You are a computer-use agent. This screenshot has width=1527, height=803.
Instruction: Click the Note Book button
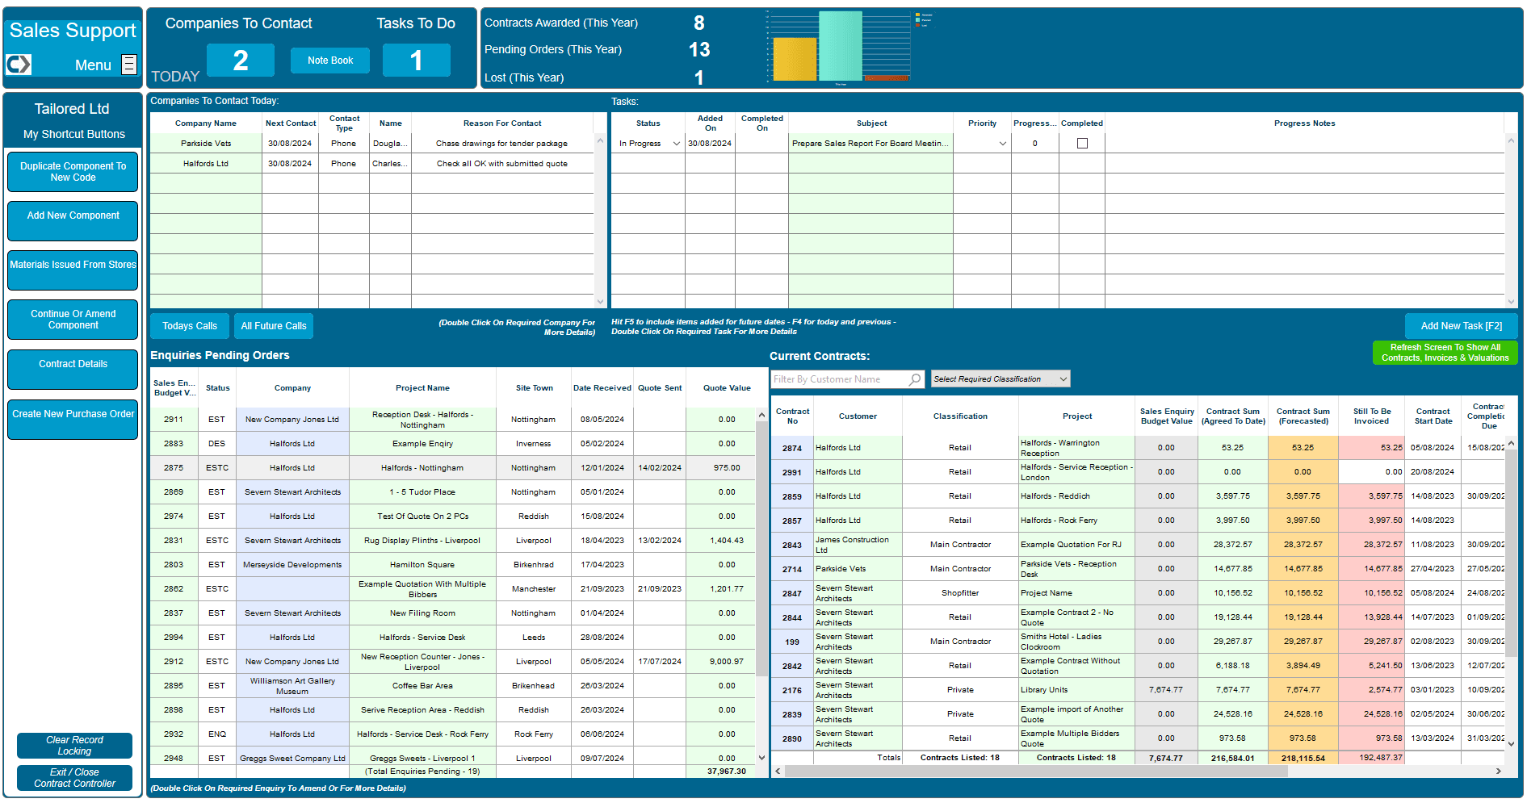[x=329, y=61]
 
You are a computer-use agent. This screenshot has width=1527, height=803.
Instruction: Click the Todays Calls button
[x=190, y=326]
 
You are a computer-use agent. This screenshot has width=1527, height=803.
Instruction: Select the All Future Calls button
[x=274, y=326]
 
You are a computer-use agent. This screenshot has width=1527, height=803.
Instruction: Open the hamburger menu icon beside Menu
[x=129, y=65]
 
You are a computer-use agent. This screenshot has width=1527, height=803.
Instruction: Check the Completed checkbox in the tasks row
[x=1082, y=144]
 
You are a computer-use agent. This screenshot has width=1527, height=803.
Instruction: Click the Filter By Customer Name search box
[x=840, y=379]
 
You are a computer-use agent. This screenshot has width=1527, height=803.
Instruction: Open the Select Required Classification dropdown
[x=1001, y=379]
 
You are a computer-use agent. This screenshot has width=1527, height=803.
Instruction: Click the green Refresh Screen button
[x=1444, y=353]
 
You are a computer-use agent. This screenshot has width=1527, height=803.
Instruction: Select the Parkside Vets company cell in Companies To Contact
[x=206, y=144]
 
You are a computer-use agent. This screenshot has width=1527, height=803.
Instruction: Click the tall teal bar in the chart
[x=840, y=46]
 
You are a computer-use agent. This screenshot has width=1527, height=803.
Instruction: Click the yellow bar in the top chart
[x=795, y=59]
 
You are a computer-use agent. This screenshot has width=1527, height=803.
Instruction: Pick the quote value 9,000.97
[x=727, y=662]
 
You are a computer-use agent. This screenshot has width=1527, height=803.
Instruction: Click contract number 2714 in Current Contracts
[x=791, y=570]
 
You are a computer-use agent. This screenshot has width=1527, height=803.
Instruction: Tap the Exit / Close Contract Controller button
[x=74, y=778]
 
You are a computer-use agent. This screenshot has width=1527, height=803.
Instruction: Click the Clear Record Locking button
[x=74, y=746]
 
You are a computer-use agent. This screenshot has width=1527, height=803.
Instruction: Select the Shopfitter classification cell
[x=959, y=593]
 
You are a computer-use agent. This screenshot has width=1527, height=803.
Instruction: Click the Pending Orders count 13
[x=698, y=50]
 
